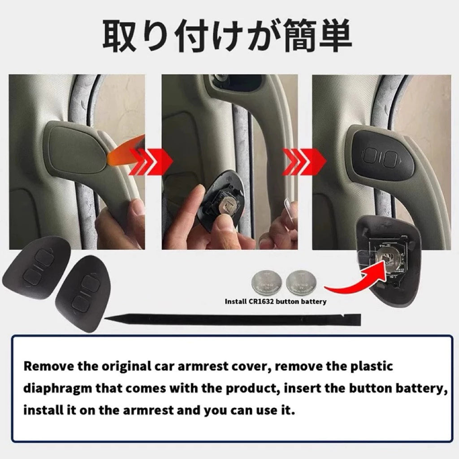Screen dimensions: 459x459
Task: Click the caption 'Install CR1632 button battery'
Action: click(x=275, y=302)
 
